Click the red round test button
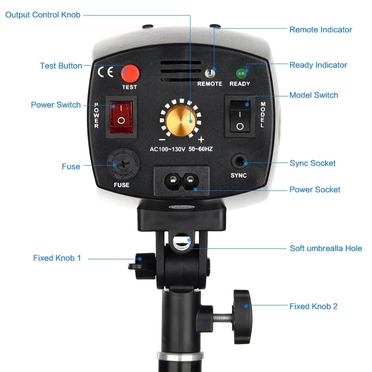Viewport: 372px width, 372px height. (130, 74)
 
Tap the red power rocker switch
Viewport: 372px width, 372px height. (121, 117)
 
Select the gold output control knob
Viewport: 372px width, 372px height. (181, 121)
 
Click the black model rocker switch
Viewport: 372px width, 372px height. (240, 116)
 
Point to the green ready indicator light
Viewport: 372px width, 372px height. (241, 74)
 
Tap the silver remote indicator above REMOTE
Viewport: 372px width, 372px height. (210, 73)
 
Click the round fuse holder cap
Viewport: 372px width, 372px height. (123, 164)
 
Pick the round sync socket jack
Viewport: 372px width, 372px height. (239, 162)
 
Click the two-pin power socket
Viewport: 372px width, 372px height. (181, 181)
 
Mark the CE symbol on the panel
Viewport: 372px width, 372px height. (105, 72)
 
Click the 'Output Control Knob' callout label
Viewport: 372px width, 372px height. (43, 15)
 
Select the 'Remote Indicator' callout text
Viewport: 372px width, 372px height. (321, 30)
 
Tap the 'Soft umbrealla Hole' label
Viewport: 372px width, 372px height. (326, 248)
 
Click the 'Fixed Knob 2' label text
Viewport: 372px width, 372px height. (313, 306)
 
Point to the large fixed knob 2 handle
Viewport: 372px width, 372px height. (242, 317)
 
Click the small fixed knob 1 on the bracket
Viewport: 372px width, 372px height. (142, 266)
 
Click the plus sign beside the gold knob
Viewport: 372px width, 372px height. (201, 139)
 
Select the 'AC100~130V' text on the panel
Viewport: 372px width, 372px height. (167, 149)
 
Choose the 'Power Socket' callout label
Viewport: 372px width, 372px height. (315, 189)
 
